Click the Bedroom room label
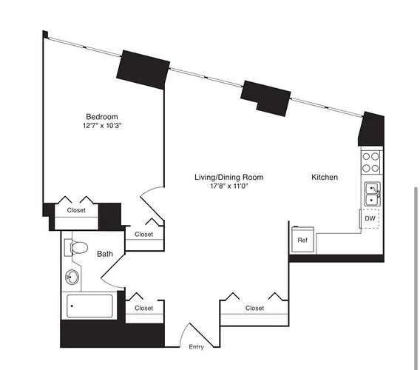(102, 117)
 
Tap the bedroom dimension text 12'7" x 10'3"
(102, 126)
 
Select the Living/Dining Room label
(228, 177)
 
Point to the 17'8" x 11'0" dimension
(229, 186)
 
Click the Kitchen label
(325, 177)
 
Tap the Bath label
(105, 254)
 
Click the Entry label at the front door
(197, 346)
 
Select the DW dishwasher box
(370, 218)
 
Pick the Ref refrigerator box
(302, 240)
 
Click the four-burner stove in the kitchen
(371, 162)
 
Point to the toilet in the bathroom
(76, 247)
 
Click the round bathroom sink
(72, 277)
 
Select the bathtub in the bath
(89, 306)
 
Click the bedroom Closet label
(76, 210)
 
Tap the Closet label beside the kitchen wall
(254, 308)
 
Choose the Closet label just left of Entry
(144, 308)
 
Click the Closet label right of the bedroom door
(144, 234)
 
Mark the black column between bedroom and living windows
(143, 70)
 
